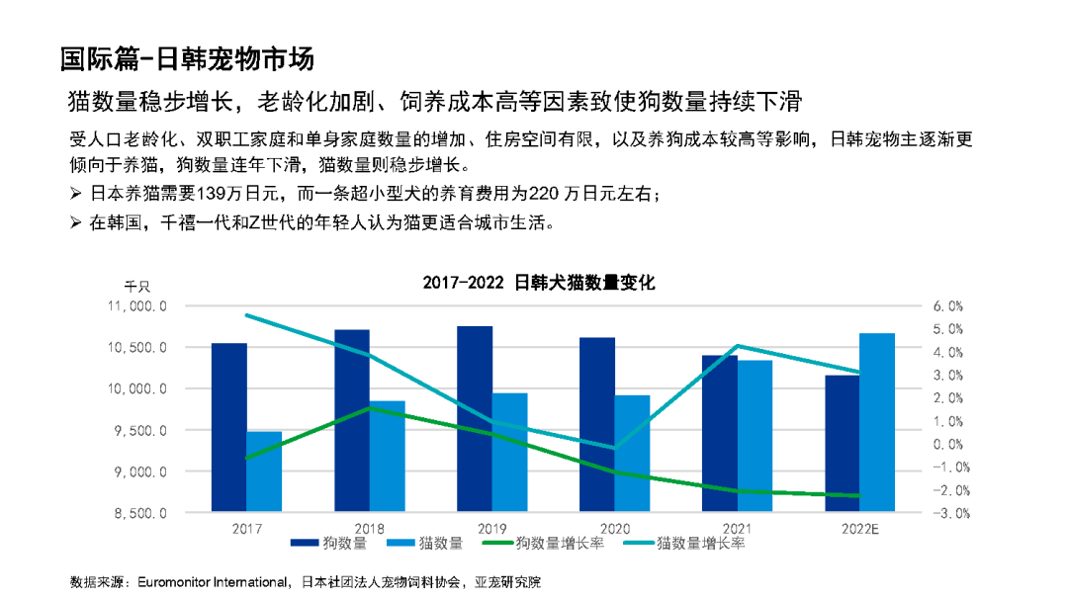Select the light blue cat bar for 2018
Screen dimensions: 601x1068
388,456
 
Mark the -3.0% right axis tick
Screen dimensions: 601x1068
947,514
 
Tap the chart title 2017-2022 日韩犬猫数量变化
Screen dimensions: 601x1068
539,283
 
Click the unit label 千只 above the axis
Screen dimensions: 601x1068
137,286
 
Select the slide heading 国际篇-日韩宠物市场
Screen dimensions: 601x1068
187,58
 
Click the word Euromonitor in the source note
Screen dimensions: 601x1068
179,581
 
